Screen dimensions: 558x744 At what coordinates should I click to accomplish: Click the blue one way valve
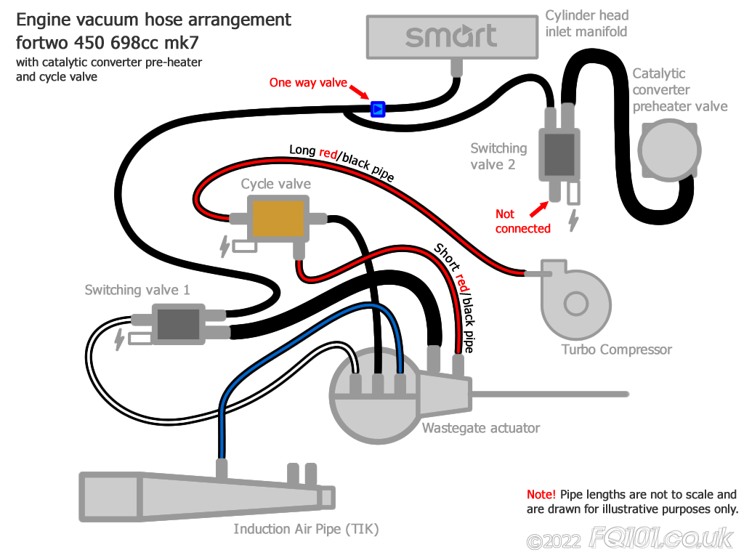point(378,109)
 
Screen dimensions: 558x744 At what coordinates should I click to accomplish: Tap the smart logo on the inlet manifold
point(451,36)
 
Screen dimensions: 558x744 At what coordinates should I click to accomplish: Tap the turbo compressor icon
point(575,294)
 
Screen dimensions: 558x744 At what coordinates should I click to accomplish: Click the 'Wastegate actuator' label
point(480,428)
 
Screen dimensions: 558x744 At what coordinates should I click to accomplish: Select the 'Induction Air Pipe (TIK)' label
point(306,528)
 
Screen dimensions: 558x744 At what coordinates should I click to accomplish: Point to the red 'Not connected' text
point(522,222)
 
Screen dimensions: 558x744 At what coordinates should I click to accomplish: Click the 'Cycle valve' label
point(276,184)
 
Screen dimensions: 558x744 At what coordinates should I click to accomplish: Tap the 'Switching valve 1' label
point(137,290)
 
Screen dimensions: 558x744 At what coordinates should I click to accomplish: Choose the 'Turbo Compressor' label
point(616,349)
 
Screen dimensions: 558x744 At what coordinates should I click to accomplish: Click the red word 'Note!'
point(541,495)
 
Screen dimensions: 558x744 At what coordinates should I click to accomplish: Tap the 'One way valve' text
point(308,83)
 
